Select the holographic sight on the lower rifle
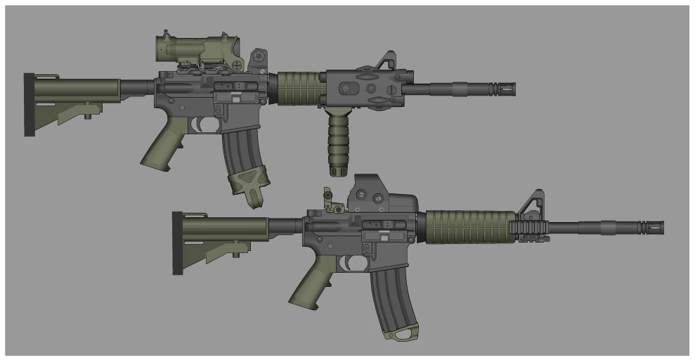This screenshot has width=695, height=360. (x=379, y=193)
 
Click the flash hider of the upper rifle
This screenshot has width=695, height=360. (x=502, y=88)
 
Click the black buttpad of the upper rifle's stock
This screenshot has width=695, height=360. (x=29, y=104)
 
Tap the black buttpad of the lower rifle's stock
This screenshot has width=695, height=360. (x=177, y=243)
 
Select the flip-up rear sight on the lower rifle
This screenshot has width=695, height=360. (x=330, y=200)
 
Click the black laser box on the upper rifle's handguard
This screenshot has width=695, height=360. (x=365, y=88)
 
